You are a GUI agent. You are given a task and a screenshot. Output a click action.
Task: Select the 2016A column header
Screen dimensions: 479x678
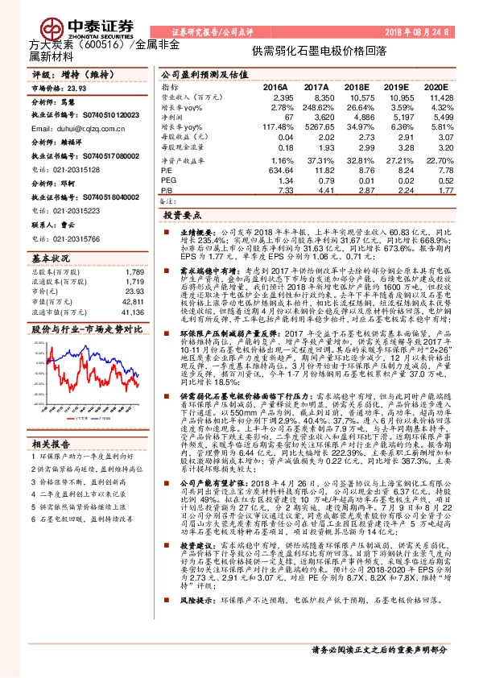pos(275,87)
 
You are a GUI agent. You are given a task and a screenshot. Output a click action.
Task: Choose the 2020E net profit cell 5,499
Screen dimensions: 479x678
pos(433,118)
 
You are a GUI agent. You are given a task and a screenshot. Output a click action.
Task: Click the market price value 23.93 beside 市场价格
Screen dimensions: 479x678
pos(77,89)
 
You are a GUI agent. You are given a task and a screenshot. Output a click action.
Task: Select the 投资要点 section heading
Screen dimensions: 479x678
pos(182,217)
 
